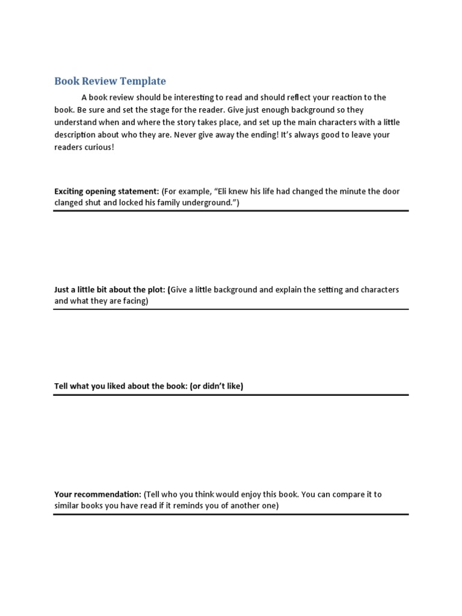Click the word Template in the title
coord(143,81)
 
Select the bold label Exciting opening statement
coord(106,191)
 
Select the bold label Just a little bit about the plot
coord(110,289)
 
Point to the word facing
coord(134,301)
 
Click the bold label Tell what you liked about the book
coord(120,386)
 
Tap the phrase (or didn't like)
coord(217,386)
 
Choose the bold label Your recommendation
coord(98,494)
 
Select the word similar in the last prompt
coord(67,506)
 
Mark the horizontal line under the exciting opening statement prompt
coord(231,211)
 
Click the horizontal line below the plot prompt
coord(231,309)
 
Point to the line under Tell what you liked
coord(231,395)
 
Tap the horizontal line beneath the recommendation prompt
coord(231,514)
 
